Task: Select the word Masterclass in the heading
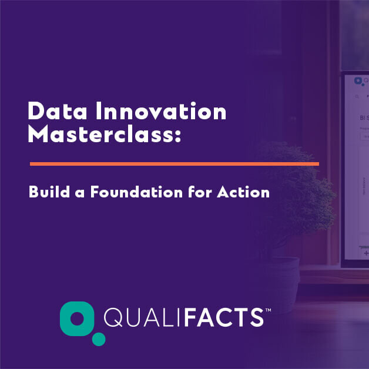tap(100, 134)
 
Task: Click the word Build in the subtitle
tap(49, 192)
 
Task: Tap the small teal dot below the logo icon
tap(99, 339)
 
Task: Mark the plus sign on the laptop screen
tap(366, 253)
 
